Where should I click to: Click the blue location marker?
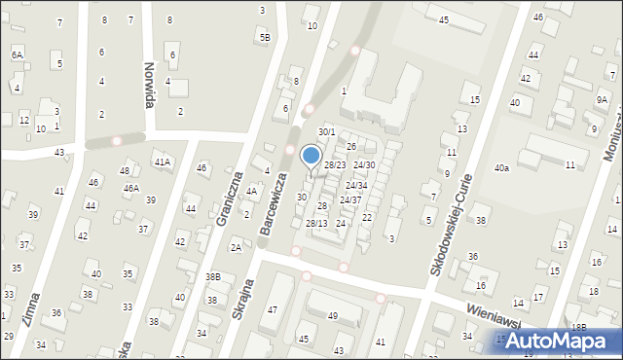(x=311, y=156)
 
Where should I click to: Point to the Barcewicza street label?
(x=275, y=205)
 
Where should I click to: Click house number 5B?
(x=265, y=37)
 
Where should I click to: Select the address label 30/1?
(x=327, y=132)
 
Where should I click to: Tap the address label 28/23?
(x=335, y=165)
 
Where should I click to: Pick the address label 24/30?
(x=364, y=165)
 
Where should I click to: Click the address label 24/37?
(x=350, y=199)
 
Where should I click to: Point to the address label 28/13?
(x=316, y=224)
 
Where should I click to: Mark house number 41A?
(x=162, y=162)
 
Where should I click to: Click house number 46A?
(x=129, y=188)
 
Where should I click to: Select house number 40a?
(x=501, y=168)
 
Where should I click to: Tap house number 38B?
(x=212, y=277)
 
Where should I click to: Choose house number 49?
(x=332, y=315)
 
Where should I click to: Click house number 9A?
(x=603, y=99)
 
